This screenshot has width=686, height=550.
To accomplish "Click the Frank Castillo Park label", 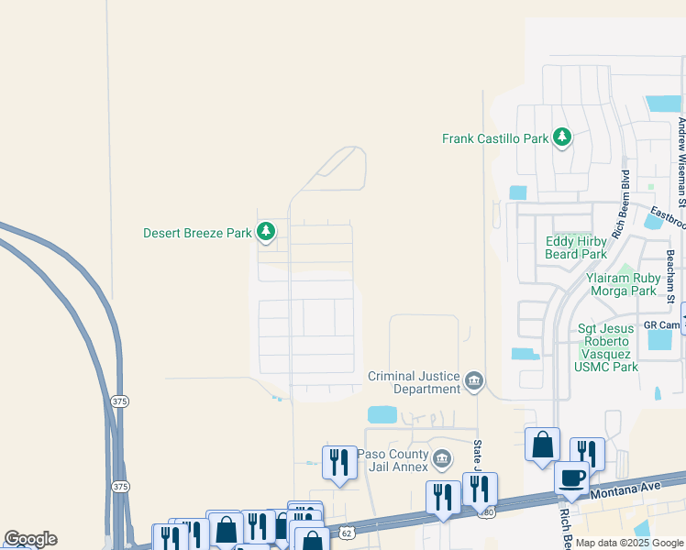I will click(495, 138).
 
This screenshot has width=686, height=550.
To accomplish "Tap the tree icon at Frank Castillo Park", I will click(562, 138).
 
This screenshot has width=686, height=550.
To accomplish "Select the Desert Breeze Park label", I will click(197, 233).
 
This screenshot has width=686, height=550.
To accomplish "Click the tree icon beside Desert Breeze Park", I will click(266, 232).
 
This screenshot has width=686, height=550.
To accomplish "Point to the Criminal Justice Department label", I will click(414, 382).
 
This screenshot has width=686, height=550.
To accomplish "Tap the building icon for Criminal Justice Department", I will click(474, 380).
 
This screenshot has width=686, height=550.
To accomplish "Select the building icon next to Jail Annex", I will click(442, 457).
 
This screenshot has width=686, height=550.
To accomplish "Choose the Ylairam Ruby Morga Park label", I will click(621, 284).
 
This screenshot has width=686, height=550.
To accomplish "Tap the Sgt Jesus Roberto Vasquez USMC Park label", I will click(606, 347).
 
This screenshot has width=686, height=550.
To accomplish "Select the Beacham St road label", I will click(671, 276).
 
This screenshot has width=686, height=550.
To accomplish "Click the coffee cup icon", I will click(572, 478).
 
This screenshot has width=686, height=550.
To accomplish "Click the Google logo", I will click(30, 539).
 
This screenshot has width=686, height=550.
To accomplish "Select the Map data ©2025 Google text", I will click(628, 543).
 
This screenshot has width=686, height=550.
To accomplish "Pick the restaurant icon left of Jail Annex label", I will click(339, 463).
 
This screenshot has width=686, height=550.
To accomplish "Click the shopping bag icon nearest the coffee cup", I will click(543, 445).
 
